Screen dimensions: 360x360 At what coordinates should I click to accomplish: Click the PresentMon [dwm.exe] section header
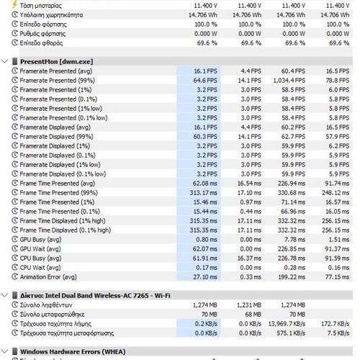[x=56, y=62]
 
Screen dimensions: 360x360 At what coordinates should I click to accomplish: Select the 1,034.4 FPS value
[x=289, y=81]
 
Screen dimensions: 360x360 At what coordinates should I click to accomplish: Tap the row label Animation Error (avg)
[x=48, y=277]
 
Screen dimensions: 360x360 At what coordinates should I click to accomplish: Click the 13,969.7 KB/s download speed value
[x=287, y=324]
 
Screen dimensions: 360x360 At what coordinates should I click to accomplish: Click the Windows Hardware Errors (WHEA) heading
[x=73, y=352]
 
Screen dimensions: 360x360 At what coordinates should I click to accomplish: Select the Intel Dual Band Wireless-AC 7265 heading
[x=95, y=295]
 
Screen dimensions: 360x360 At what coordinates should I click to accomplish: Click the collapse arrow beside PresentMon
[x=4, y=61]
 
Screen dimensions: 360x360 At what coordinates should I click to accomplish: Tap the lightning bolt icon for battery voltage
[x=15, y=5]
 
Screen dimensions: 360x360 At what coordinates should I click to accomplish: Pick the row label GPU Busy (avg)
[x=40, y=240]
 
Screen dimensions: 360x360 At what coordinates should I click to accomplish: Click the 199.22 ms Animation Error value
[x=292, y=277]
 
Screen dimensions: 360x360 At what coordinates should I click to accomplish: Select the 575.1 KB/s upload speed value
[x=291, y=333]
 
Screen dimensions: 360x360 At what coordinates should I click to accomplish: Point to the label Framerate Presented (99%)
[x=58, y=81]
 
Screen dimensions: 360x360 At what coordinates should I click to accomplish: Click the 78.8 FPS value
[x=338, y=81]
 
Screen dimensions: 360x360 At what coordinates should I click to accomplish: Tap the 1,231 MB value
[x=249, y=305]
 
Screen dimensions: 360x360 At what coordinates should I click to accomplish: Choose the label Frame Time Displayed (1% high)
[x=63, y=221]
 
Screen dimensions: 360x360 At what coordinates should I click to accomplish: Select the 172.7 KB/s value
[x=336, y=324]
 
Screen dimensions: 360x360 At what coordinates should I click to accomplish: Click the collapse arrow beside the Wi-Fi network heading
[x=4, y=295]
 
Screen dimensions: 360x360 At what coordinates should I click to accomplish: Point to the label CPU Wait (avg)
[x=40, y=268]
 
